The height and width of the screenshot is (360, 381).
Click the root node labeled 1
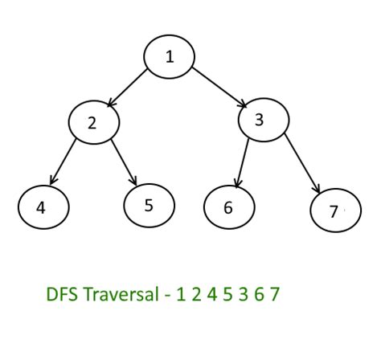click(169, 56)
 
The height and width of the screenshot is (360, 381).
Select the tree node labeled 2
click(94, 122)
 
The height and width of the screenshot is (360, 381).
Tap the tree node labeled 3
click(264, 120)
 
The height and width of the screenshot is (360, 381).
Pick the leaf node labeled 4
click(43, 207)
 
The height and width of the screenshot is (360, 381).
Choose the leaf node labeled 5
click(150, 206)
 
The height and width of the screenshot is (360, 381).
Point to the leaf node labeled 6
click(229, 207)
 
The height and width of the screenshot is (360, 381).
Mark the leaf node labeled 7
click(336, 211)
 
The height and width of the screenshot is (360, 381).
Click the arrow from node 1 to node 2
click(127, 88)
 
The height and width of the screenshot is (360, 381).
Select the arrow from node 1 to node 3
click(219, 88)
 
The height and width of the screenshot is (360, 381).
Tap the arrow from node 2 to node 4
click(63, 162)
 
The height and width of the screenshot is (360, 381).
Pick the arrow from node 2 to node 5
click(124, 162)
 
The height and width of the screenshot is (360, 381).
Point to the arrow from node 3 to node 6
click(242, 163)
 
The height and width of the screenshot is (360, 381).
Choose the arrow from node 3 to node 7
click(302, 163)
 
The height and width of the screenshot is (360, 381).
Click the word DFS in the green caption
click(62, 294)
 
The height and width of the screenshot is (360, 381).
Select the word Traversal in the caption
click(121, 294)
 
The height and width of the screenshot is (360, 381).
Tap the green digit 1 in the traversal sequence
click(181, 294)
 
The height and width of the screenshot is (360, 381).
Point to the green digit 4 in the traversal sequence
click(212, 294)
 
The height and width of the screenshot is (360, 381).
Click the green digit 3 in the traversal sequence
click(244, 294)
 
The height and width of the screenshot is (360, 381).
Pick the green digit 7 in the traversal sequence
click(275, 294)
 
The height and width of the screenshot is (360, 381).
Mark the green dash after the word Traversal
click(167, 296)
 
